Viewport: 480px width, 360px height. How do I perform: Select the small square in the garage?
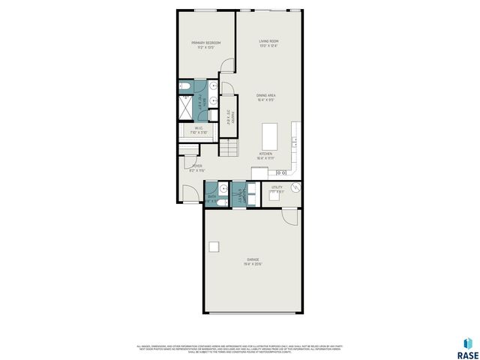click(214, 247)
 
